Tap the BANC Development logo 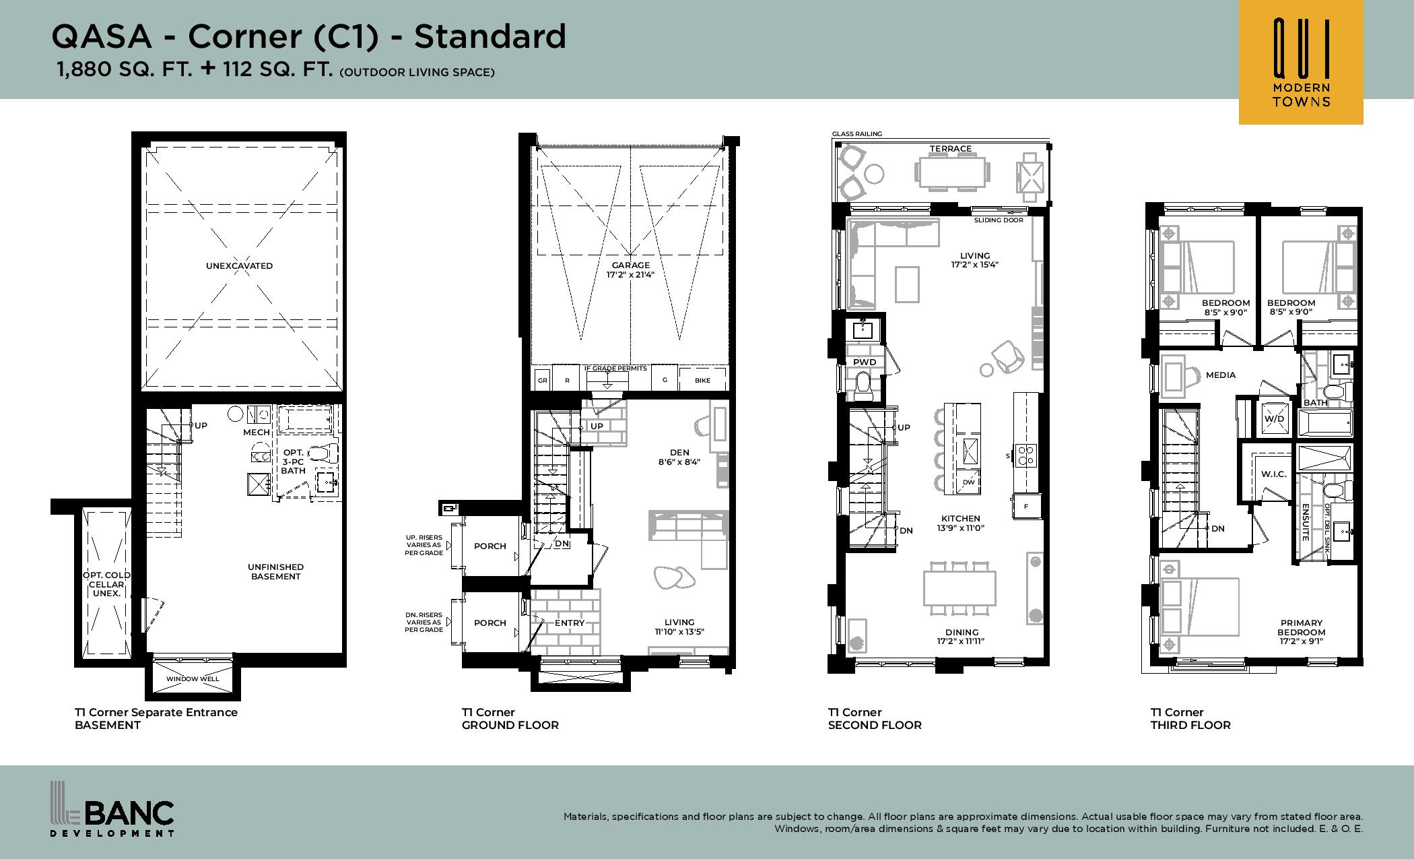113,808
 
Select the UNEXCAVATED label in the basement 239,265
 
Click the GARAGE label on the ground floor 630,265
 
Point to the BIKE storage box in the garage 703,380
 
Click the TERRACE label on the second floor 951,149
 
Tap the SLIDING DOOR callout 999,220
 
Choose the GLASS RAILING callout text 856,134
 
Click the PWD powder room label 865,362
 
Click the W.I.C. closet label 1274,474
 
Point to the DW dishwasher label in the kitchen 968,482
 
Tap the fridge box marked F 1027,506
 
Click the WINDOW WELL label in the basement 193,678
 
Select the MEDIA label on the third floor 1221,375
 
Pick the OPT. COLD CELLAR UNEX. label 106,584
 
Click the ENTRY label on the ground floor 570,623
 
